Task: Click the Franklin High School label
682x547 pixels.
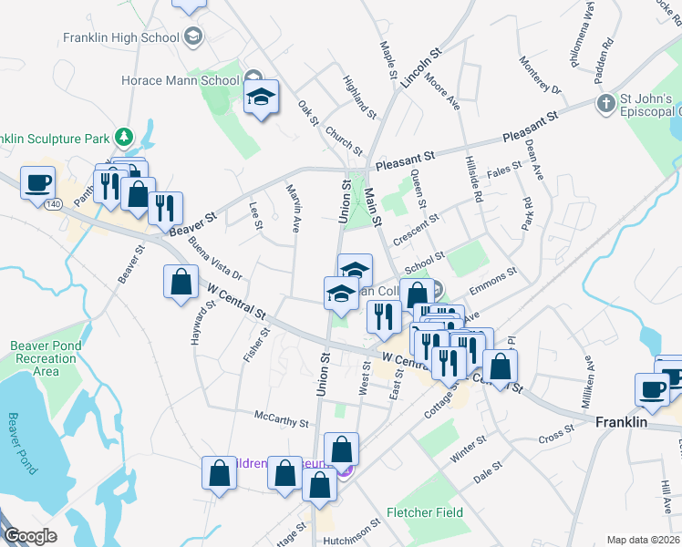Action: [120, 37]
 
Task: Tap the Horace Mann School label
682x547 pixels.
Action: [195, 80]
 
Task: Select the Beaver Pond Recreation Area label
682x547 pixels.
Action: [46, 358]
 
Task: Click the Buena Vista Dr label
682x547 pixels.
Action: [215, 260]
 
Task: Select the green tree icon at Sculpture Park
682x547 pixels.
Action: [124, 138]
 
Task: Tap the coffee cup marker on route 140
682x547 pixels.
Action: [37, 183]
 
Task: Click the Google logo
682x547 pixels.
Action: [31, 536]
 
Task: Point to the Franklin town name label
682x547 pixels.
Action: [621, 423]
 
